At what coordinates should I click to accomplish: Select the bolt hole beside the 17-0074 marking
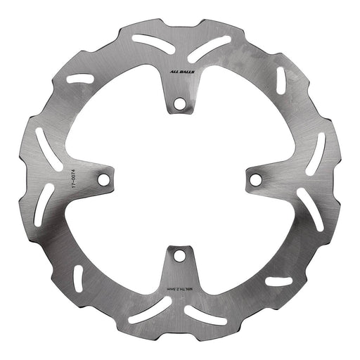[x=103, y=179]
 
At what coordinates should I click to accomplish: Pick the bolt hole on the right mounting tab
[x=255, y=180]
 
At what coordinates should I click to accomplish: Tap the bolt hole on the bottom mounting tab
[x=179, y=255]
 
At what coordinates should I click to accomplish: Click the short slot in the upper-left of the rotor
[x=79, y=79]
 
